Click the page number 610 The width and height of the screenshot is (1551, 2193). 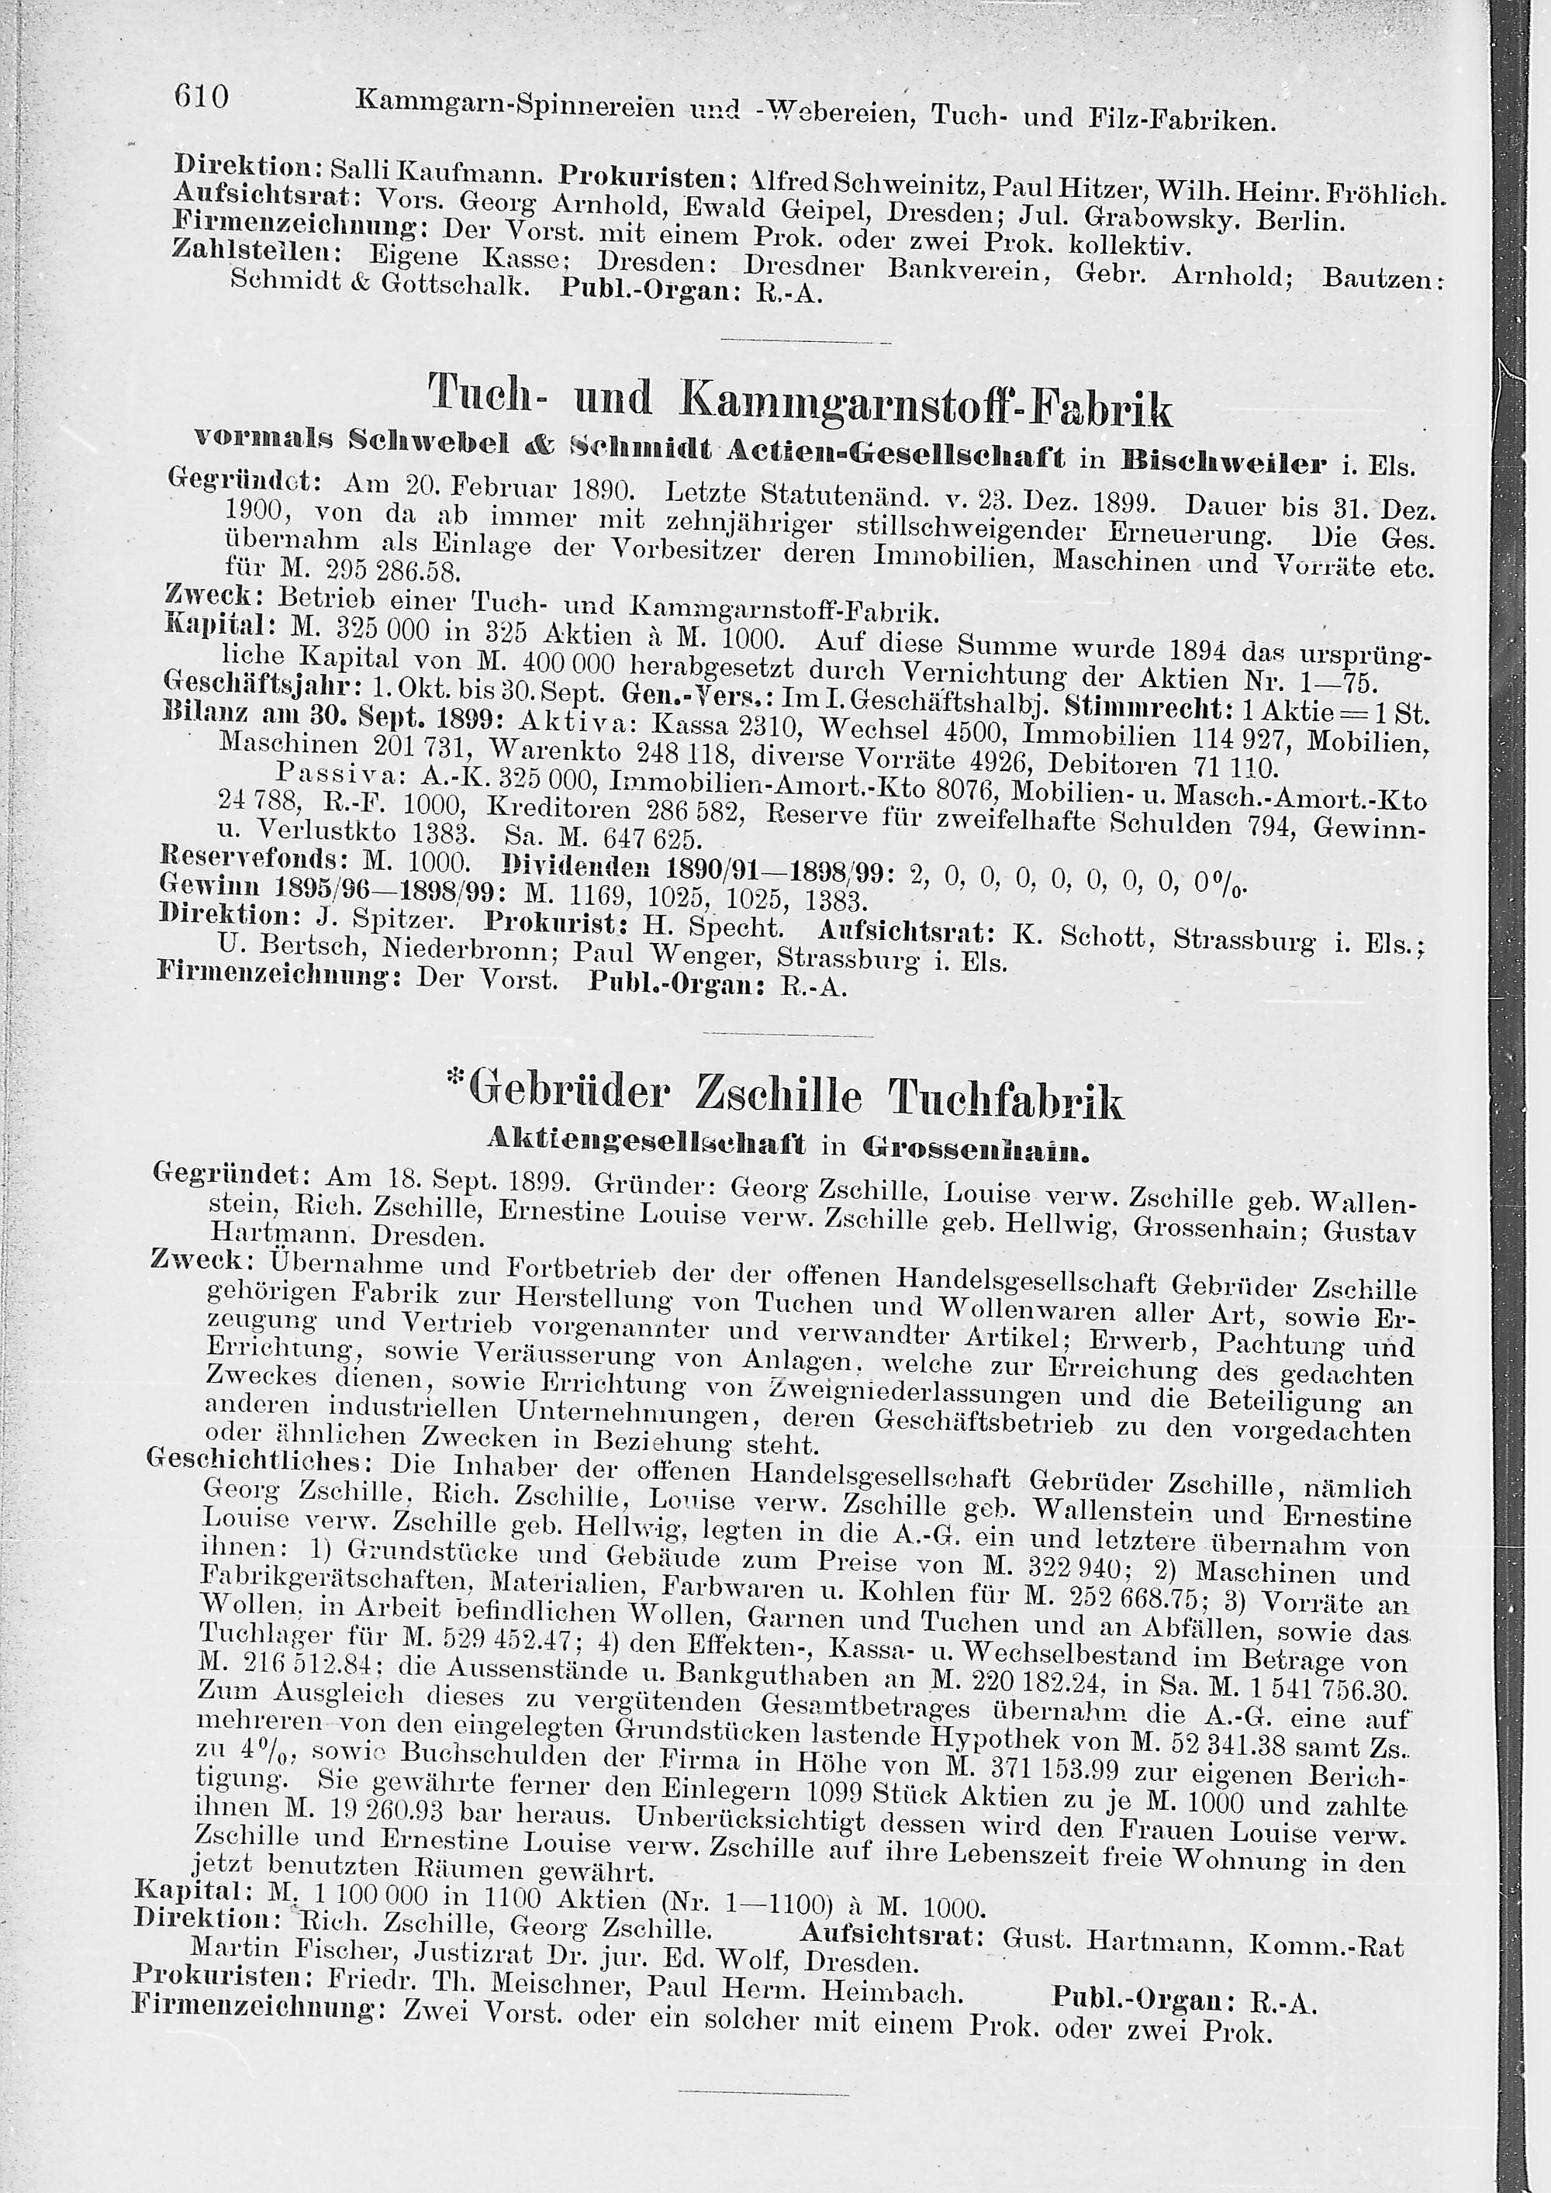[202, 96]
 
